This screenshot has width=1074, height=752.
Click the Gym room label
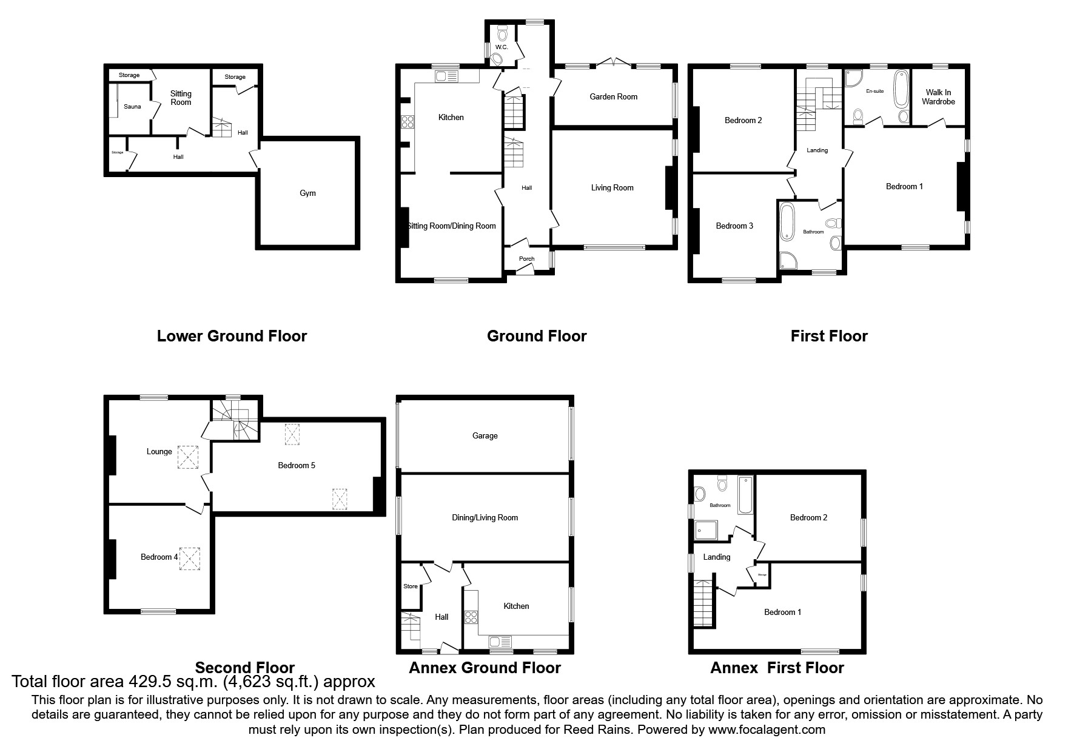[x=307, y=193]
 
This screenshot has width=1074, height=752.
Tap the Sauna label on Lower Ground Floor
[x=132, y=107]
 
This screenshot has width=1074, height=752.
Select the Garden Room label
[x=613, y=96]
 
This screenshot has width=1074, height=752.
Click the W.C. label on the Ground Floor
[x=501, y=47]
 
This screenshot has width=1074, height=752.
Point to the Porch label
[x=526, y=259]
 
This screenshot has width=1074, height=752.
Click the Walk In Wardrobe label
[x=938, y=97]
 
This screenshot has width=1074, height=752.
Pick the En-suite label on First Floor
[x=874, y=91]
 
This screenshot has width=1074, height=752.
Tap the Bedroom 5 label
[x=297, y=466]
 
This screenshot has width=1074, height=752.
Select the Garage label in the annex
[x=485, y=435]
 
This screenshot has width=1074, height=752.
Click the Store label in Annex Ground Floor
[x=411, y=586]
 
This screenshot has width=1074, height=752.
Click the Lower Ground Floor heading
[x=232, y=336]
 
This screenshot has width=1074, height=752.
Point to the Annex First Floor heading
[x=777, y=668]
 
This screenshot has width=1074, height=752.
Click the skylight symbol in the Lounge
[x=187, y=457]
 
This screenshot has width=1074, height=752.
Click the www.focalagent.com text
[x=767, y=730]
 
